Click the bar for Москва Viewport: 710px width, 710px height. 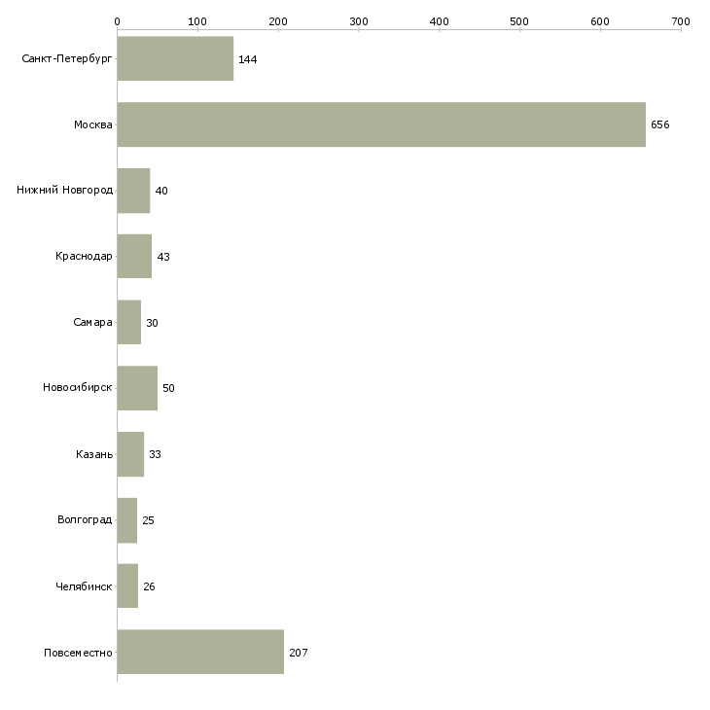point(381,124)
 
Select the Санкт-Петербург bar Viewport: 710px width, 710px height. point(175,58)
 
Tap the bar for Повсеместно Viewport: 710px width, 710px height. point(200,652)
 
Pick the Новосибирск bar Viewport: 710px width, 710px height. point(137,388)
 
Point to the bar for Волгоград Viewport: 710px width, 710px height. point(127,520)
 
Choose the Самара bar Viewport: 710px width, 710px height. point(129,322)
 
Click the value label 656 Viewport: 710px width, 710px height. point(660,124)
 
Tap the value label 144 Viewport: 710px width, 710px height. point(248,59)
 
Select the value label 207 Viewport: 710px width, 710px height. point(299,653)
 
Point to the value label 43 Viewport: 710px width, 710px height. point(163,257)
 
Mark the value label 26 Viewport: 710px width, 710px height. point(149,586)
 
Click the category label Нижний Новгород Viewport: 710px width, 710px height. point(65,190)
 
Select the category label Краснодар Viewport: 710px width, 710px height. point(84,257)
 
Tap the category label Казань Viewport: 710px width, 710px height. point(94,454)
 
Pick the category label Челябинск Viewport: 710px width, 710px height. point(84,586)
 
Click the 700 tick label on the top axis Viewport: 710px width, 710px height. point(681,21)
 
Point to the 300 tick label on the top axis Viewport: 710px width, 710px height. point(359,21)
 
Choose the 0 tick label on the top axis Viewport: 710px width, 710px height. point(118,21)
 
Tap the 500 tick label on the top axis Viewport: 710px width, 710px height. point(519,21)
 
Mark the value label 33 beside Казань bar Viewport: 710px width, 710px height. point(155,454)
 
